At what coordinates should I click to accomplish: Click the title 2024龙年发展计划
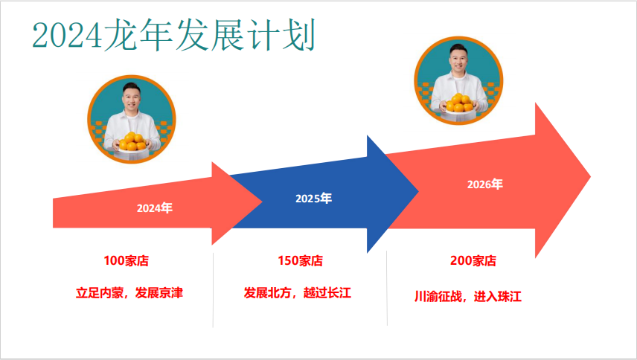point(174,35)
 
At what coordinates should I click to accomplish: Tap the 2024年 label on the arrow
point(155,208)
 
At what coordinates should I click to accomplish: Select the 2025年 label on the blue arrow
point(313,198)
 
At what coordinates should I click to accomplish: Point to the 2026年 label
point(485,184)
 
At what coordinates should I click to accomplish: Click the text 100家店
point(127,260)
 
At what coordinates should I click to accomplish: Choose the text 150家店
point(300,260)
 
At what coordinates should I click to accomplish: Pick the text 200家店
point(473,260)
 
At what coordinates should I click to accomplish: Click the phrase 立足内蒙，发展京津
point(129,292)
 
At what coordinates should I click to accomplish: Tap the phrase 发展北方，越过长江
point(298,292)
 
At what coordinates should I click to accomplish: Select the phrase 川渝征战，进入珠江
point(468,296)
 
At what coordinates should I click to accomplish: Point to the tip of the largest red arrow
point(590,176)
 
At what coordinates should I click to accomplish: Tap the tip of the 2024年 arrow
point(262,202)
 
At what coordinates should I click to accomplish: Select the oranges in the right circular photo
point(459,103)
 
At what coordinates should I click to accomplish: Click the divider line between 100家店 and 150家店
point(213,290)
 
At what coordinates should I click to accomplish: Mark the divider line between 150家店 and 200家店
point(387,288)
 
